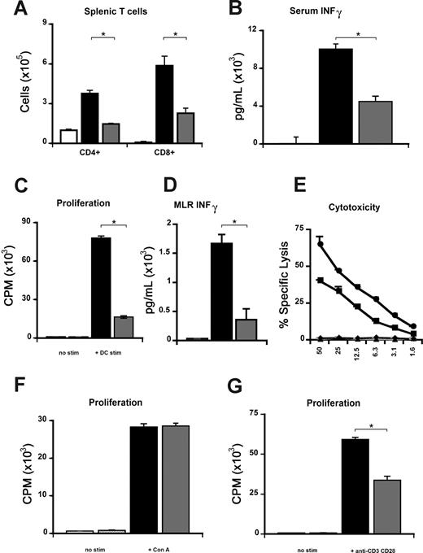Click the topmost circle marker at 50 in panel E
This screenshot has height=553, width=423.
tap(321, 243)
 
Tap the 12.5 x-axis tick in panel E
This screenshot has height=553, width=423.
tap(358, 352)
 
